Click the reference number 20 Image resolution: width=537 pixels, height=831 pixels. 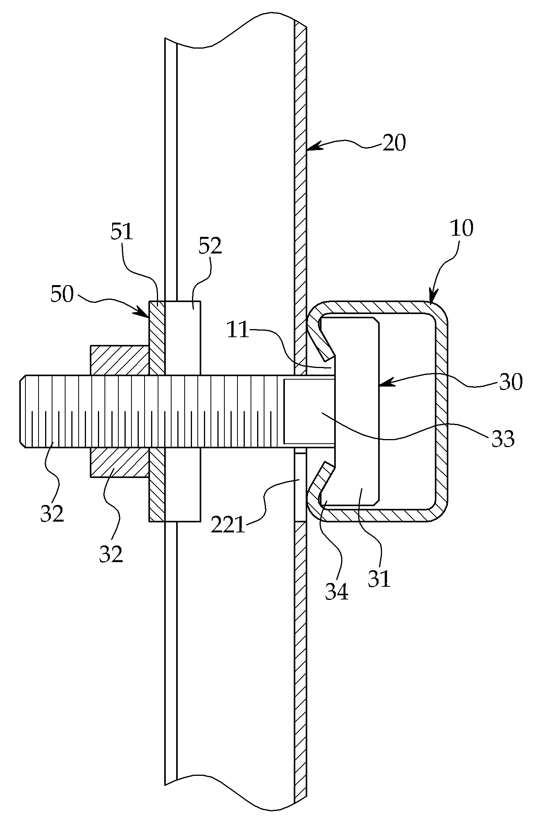pos(394,144)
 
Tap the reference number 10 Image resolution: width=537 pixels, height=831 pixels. pos(461,228)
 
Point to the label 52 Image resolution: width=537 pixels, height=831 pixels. pos(210,246)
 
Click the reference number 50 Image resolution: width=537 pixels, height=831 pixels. pos(62,294)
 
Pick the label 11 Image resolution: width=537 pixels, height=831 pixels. pos(238,331)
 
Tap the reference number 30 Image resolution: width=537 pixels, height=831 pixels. pos(511,382)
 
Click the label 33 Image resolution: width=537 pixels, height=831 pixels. pos(503,439)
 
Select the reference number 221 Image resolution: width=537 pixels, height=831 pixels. pos(228,526)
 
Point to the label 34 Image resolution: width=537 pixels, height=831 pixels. pos(337,592)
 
